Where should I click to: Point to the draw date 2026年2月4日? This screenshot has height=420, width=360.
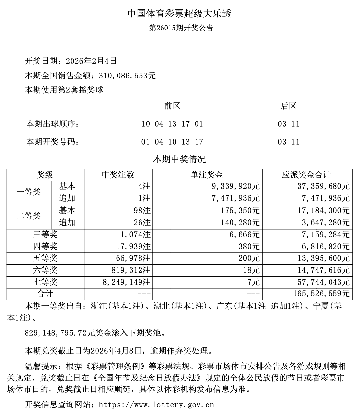click(x=91, y=61)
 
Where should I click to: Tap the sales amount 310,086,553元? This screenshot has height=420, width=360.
click(x=128, y=76)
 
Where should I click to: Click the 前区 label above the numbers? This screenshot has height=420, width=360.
click(x=172, y=106)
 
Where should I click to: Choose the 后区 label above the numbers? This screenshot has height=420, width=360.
click(x=288, y=106)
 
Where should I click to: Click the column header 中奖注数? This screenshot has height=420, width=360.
click(x=118, y=175)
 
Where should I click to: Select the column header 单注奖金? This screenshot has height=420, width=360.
click(x=207, y=175)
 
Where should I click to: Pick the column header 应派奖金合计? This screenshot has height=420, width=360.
click(x=306, y=175)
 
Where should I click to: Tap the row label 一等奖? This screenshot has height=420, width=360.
click(x=29, y=192)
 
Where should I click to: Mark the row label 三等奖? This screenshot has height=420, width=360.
click(x=45, y=235)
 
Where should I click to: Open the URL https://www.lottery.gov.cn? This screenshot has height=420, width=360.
click(x=156, y=405)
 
